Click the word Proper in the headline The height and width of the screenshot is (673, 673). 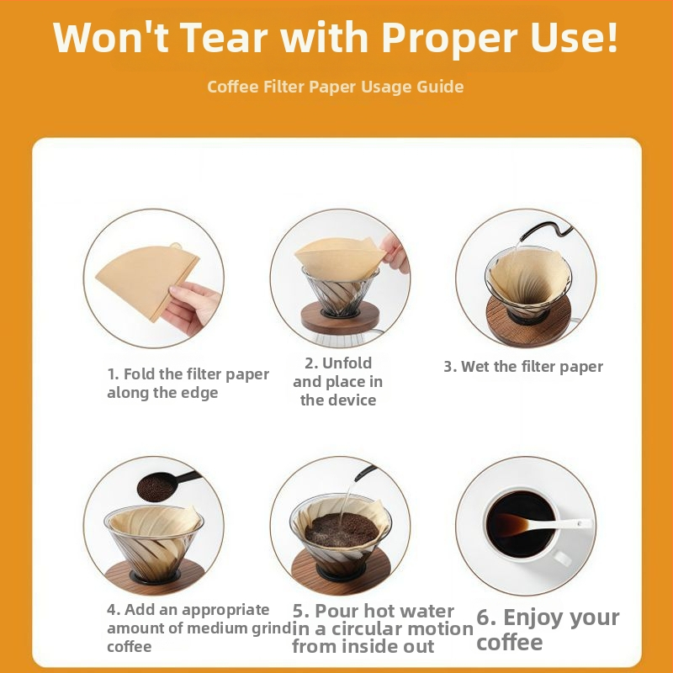coord(451,39)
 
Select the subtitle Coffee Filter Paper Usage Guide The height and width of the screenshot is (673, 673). coord(335,87)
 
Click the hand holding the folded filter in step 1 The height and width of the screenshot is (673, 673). coord(192,307)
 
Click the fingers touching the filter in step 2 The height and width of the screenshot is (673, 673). coord(395,253)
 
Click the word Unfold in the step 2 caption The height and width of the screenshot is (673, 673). coord(347,363)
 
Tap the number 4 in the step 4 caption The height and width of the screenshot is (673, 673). coord(112,610)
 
